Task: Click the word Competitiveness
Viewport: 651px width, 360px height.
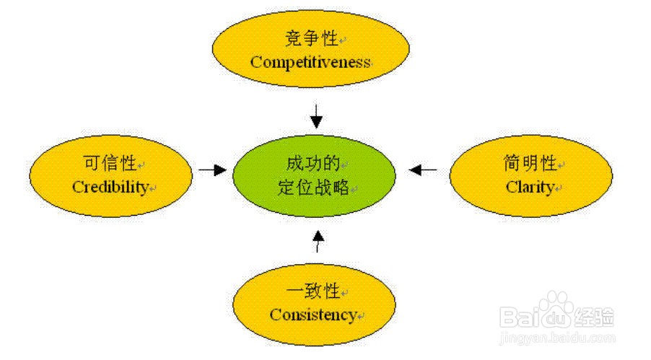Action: (310, 63)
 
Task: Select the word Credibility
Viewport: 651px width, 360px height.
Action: (110, 187)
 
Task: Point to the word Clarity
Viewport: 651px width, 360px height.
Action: (530, 188)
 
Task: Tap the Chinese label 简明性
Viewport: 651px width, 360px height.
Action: (530, 164)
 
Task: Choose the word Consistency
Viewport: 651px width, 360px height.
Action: (313, 315)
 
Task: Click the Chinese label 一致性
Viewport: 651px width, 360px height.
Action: (313, 291)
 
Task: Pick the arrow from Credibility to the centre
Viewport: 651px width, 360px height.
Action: (212, 170)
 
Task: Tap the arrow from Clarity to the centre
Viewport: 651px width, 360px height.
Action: (423, 170)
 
